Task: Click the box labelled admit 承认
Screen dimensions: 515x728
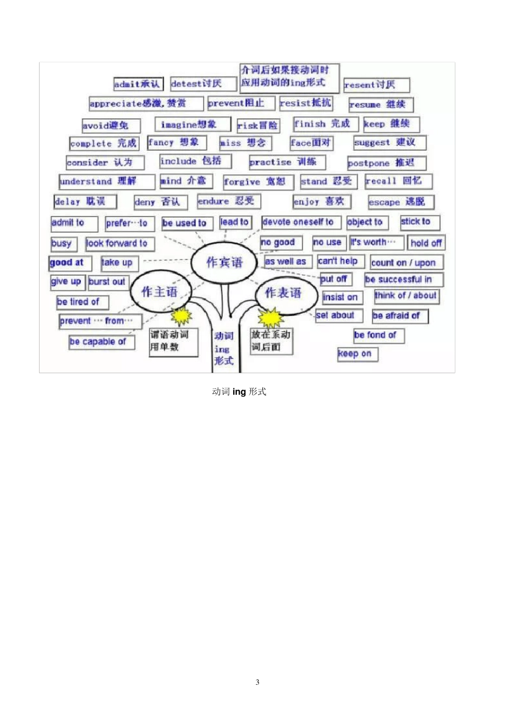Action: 137,84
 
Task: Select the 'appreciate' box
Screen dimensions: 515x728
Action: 145,103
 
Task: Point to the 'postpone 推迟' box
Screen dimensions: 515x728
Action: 386,162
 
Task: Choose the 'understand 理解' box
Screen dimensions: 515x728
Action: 106,181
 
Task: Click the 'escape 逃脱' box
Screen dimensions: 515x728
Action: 400,202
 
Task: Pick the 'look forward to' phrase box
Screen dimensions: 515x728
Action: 119,244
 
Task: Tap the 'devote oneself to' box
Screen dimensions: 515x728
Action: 300,222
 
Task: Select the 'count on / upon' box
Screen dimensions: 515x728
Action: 406,263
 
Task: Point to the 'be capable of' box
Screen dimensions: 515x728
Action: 101,342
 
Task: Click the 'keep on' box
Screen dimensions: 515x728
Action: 357,354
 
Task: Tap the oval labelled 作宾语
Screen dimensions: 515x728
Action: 224,263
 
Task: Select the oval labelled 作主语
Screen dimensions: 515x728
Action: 159,292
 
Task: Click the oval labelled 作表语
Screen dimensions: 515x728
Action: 283,294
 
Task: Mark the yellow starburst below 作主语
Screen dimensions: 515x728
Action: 181,315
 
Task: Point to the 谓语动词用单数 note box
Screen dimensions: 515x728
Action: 173,341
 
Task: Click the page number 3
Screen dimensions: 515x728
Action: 257,682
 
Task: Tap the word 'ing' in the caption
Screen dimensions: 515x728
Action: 239,392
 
